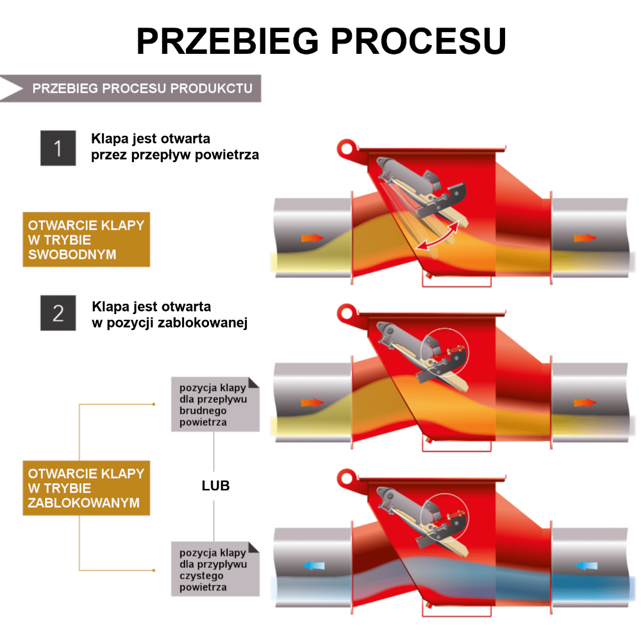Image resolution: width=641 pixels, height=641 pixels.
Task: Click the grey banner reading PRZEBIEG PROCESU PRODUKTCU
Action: (130, 88)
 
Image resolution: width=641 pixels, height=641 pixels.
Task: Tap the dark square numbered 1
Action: (58, 148)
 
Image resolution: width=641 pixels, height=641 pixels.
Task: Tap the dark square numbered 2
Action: (58, 313)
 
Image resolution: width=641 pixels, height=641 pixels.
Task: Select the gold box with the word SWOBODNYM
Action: (87, 240)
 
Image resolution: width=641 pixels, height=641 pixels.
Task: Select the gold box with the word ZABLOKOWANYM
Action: (87, 488)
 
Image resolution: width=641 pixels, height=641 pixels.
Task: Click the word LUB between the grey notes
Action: (215, 486)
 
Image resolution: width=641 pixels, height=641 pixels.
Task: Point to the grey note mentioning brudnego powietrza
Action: (215, 404)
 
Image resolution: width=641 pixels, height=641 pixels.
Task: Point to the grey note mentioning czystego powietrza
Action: (215, 569)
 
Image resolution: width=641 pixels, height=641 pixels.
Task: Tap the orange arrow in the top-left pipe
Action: (312, 238)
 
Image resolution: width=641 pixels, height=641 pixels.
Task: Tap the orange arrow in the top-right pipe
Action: (585, 238)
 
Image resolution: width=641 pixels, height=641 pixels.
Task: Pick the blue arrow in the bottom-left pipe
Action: (313, 566)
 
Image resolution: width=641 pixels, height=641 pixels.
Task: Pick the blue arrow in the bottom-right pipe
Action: (586, 566)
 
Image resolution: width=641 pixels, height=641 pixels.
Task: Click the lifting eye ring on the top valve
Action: (347, 148)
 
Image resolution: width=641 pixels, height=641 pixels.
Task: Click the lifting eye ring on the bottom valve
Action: (347, 478)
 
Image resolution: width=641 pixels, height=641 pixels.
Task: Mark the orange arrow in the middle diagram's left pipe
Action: (312, 403)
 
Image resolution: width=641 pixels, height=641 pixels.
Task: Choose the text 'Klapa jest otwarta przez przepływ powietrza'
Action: (175, 147)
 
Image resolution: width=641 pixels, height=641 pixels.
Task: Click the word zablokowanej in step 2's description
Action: (203, 323)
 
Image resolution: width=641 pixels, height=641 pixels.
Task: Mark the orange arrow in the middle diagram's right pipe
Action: (585, 403)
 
